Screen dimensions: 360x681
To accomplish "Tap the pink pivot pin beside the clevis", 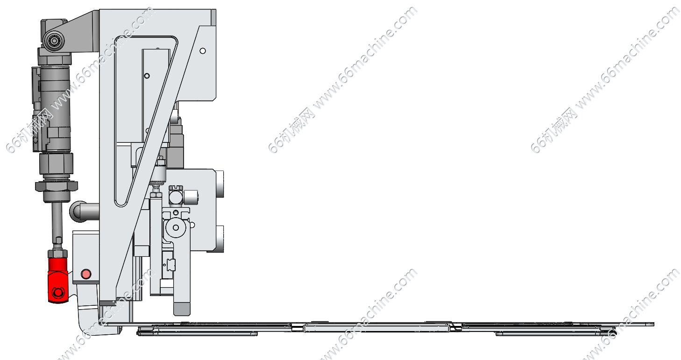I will tap(85, 274).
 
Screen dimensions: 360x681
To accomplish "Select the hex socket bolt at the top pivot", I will tap(55, 41).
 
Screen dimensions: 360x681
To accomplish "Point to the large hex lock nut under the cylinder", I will tap(56, 186).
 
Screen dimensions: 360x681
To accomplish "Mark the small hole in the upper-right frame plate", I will tap(203, 50).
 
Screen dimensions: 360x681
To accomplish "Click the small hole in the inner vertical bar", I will tap(147, 76).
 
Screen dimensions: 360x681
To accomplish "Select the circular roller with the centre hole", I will tap(176, 228).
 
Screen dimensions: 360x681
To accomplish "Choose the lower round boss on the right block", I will tap(220, 238).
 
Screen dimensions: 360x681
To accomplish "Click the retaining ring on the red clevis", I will tap(58, 293).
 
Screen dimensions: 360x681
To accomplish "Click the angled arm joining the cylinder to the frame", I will tap(82, 30).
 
